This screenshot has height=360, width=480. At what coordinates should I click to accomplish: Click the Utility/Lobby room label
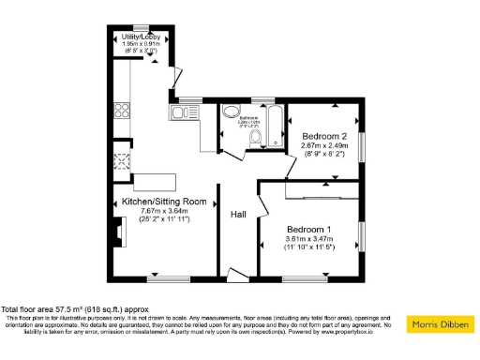(138, 37)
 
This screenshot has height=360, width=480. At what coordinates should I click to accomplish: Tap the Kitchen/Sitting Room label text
(164, 202)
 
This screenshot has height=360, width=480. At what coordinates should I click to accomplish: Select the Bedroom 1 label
(308, 230)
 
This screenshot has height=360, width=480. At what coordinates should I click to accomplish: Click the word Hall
(239, 215)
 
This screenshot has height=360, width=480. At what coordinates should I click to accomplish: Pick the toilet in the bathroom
(257, 138)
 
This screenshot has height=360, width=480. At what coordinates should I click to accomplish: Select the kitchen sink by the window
(181, 113)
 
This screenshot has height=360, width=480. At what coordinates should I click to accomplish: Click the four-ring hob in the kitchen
(122, 111)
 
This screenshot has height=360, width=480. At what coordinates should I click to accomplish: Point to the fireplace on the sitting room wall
(115, 231)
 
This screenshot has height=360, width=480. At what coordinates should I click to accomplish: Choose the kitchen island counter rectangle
(154, 180)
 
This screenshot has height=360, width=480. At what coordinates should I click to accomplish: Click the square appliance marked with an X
(121, 160)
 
